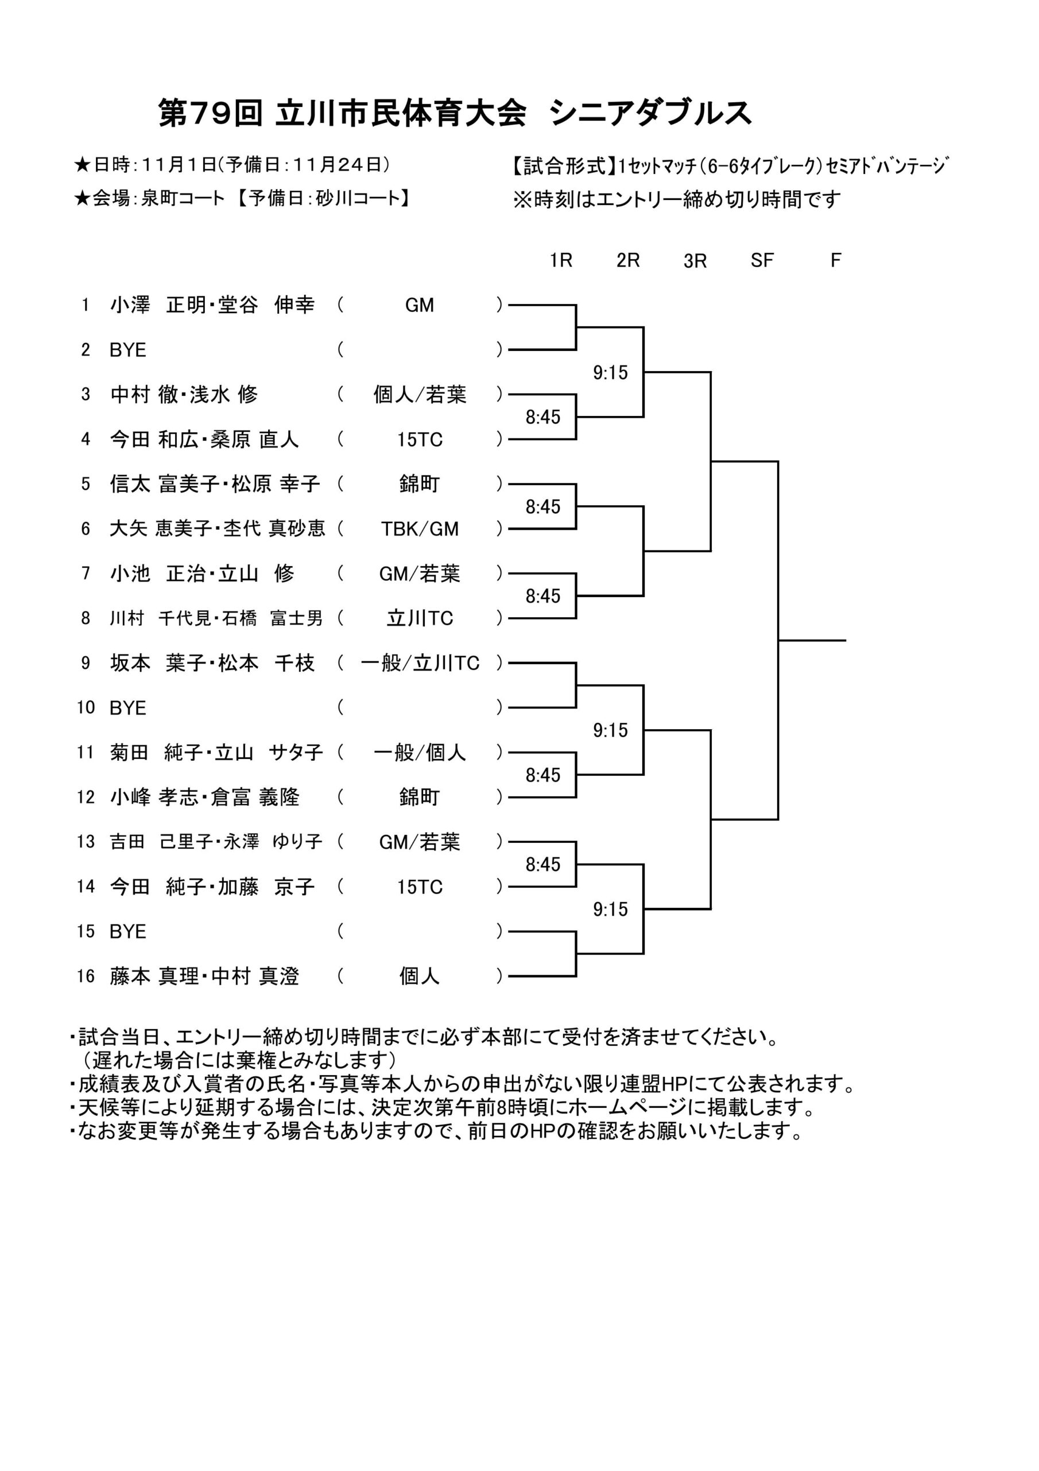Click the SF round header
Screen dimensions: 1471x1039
(762, 260)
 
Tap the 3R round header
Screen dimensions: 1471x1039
(695, 261)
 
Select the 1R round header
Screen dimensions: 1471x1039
(561, 260)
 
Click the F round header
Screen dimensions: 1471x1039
(835, 260)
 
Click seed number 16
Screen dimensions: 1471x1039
(86, 976)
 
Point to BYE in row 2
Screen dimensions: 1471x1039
(128, 350)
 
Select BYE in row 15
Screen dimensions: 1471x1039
(128, 931)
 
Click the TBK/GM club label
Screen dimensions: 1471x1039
(420, 529)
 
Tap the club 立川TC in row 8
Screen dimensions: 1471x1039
(420, 618)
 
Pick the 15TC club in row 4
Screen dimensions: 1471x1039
(420, 440)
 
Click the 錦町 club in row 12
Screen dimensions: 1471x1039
(420, 797)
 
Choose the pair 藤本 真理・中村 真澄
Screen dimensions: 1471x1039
(204, 976)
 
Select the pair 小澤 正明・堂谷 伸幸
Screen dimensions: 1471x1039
(212, 305)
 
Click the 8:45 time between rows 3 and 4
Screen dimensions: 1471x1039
(543, 417)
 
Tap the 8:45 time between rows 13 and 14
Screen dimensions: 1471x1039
(543, 864)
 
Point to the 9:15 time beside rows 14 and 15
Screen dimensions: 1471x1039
(610, 909)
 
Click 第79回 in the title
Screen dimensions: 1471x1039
(211, 113)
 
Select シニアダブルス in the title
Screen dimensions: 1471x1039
(650, 113)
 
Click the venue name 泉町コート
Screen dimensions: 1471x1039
(183, 198)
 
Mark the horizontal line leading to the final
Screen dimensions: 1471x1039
(812, 640)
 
